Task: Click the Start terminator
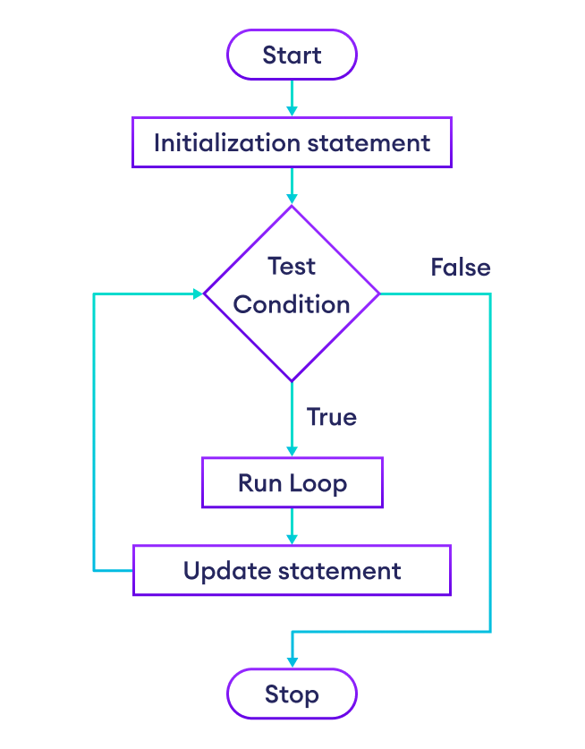[x=292, y=55]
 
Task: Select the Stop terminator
[x=292, y=694]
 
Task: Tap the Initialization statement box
[x=292, y=142]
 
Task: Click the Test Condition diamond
[x=292, y=294]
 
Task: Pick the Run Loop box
[x=292, y=483]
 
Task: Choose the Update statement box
[x=292, y=571]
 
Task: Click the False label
[x=461, y=268]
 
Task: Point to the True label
[x=332, y=417]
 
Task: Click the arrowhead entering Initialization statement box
[x=292, y=110]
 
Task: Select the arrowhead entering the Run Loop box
[x=292, y=451]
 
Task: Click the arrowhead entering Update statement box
[x=292, y=539]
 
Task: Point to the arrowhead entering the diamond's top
[x=292, y=199]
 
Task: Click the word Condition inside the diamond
[x=292, y=304]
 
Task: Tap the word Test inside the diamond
[x=292, y=266]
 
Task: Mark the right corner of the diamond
[x=378, y=294]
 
